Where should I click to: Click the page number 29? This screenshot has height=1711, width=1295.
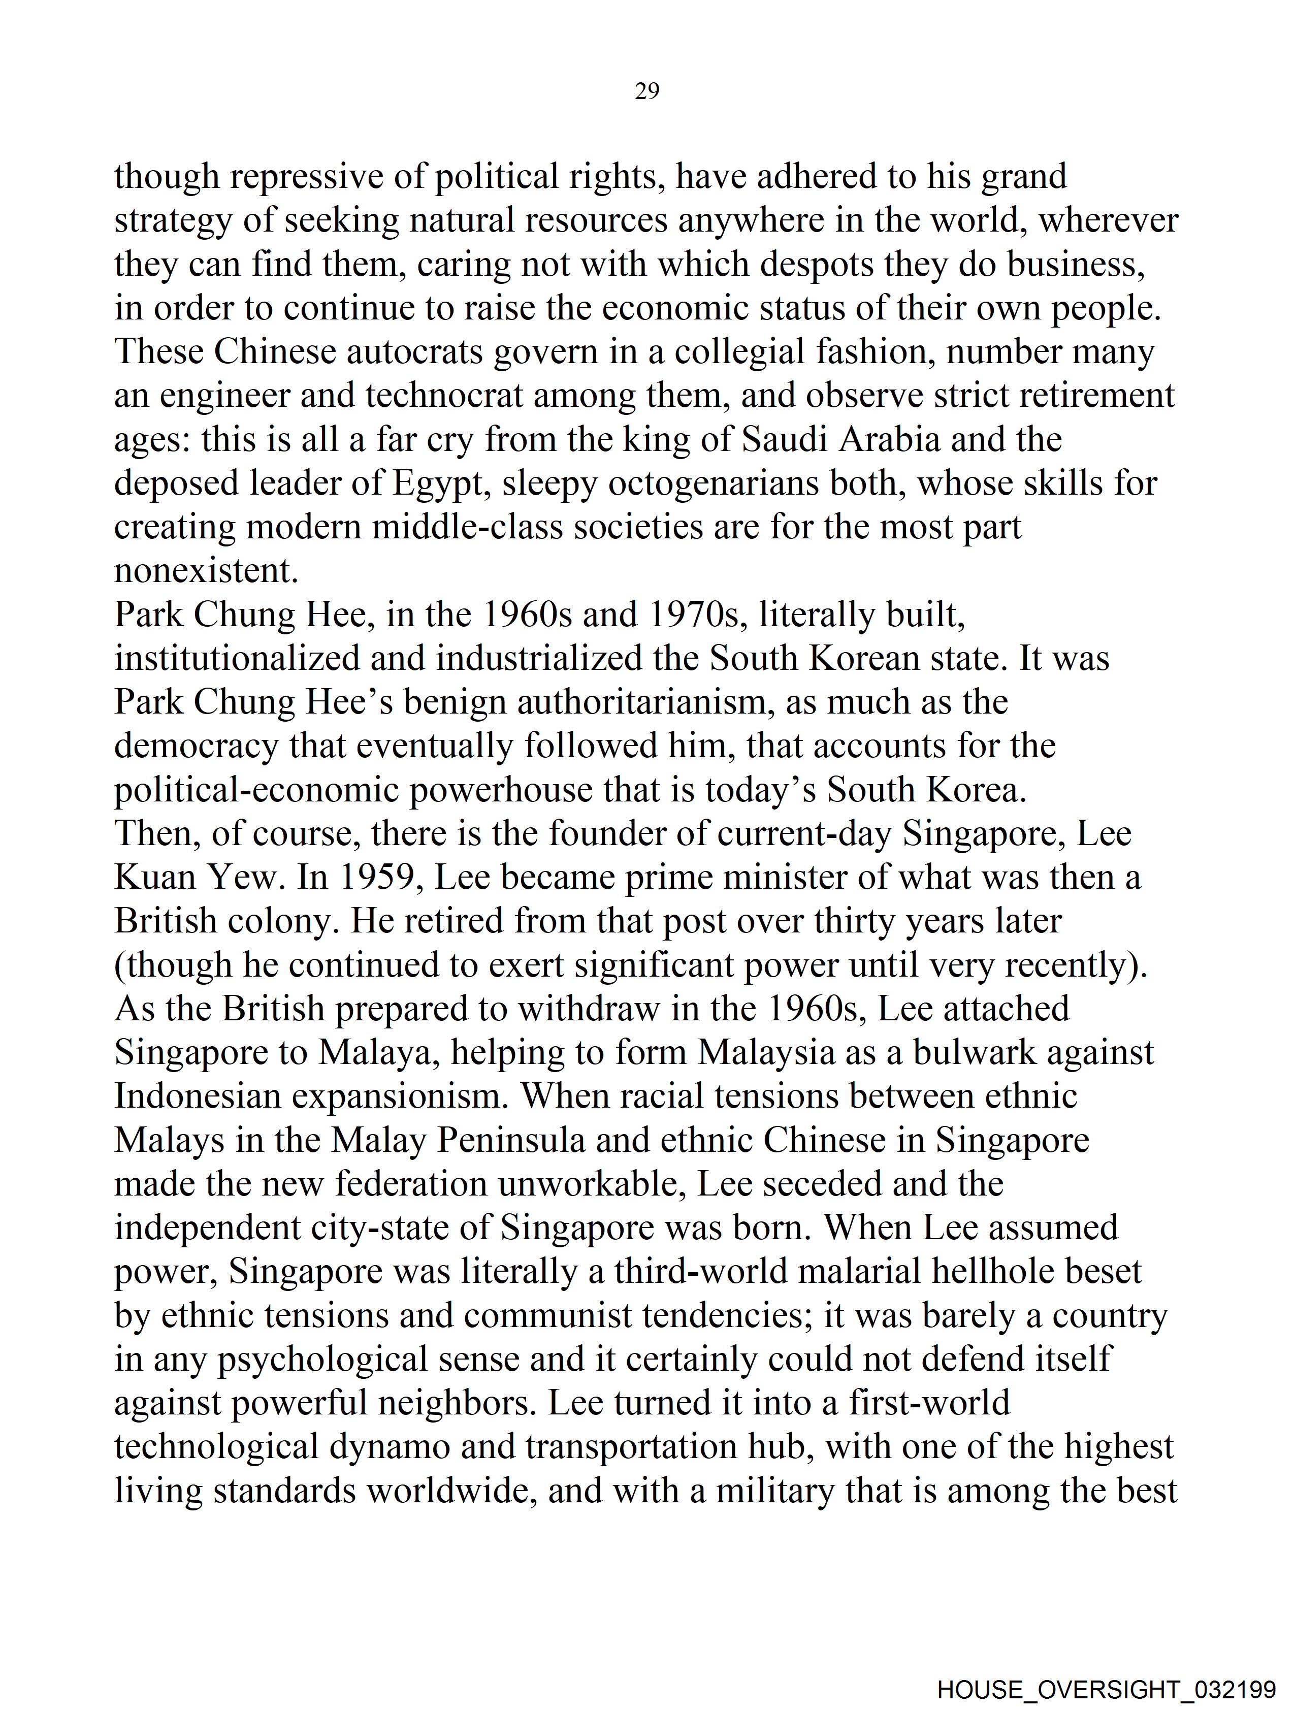(x=646, y=92)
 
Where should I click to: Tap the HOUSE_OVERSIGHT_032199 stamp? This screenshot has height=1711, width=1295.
(x=1106, y=1689)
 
